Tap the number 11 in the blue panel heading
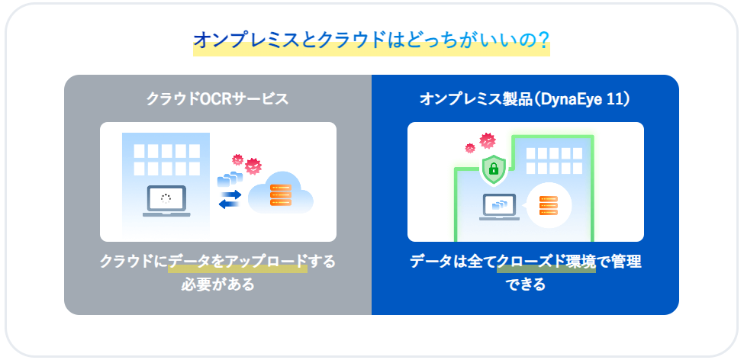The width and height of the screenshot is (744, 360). coord(614,99)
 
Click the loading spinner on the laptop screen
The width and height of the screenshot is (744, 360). coord(166,199)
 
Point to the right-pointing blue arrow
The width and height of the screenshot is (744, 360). coord(230,195)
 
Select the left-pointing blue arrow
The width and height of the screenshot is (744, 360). coord(230,204)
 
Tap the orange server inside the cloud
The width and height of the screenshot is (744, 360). coord(280,195)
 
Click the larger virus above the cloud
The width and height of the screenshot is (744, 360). coord(253,166)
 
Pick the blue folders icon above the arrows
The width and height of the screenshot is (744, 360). coord(230,179)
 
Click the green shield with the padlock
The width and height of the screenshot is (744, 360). coord(494,169)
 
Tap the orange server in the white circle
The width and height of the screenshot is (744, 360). coord(549,205)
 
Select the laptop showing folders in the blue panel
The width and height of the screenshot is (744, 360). coord(499,207)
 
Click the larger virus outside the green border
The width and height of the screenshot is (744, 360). coord(488,140)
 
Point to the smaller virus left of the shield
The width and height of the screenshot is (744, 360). coord(470,148)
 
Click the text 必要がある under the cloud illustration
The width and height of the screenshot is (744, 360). coord(217,284)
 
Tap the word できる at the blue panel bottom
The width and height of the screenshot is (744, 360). coord(525,284)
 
